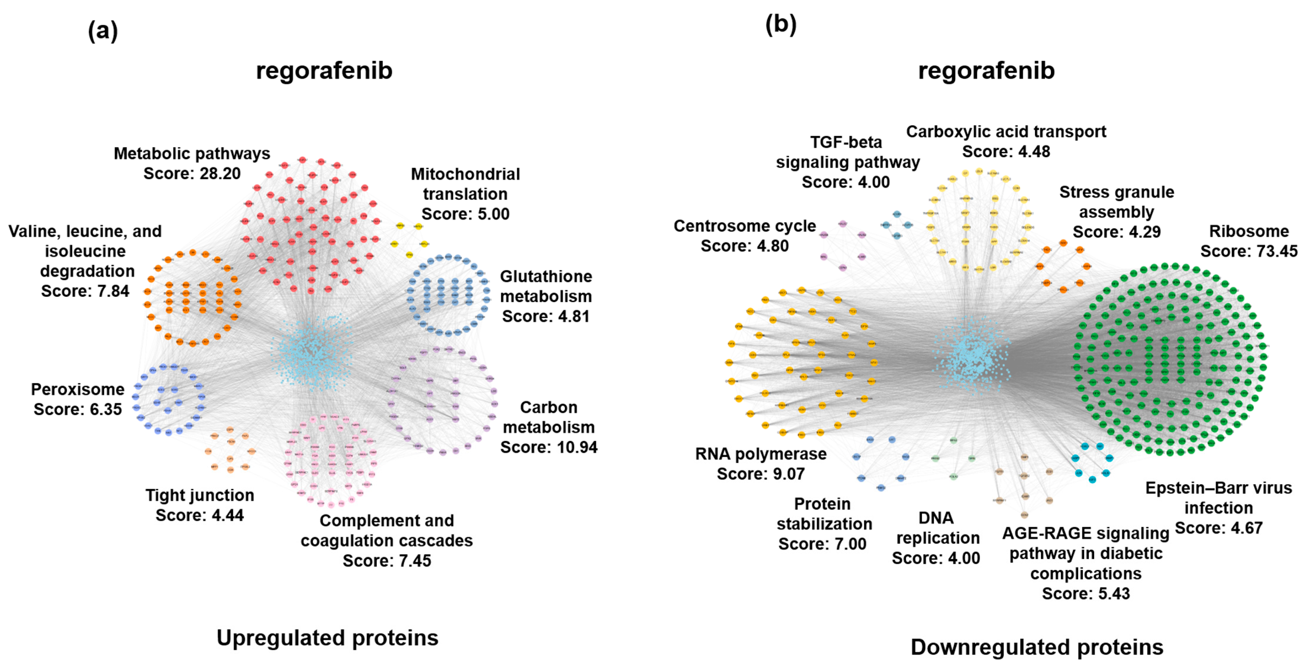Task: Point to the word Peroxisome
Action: pos(78,389)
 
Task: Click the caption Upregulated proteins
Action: pos(327,638)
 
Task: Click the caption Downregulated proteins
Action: pos(1037,647)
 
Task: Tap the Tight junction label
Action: pos(200,495)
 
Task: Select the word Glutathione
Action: pos(546,277)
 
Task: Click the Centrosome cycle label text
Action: pos(744,226)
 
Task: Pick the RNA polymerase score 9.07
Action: pos(785,474)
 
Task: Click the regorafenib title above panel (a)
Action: pos(324,71)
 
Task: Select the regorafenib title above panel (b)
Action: pos(986,71)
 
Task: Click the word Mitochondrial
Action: pos(465,174)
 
